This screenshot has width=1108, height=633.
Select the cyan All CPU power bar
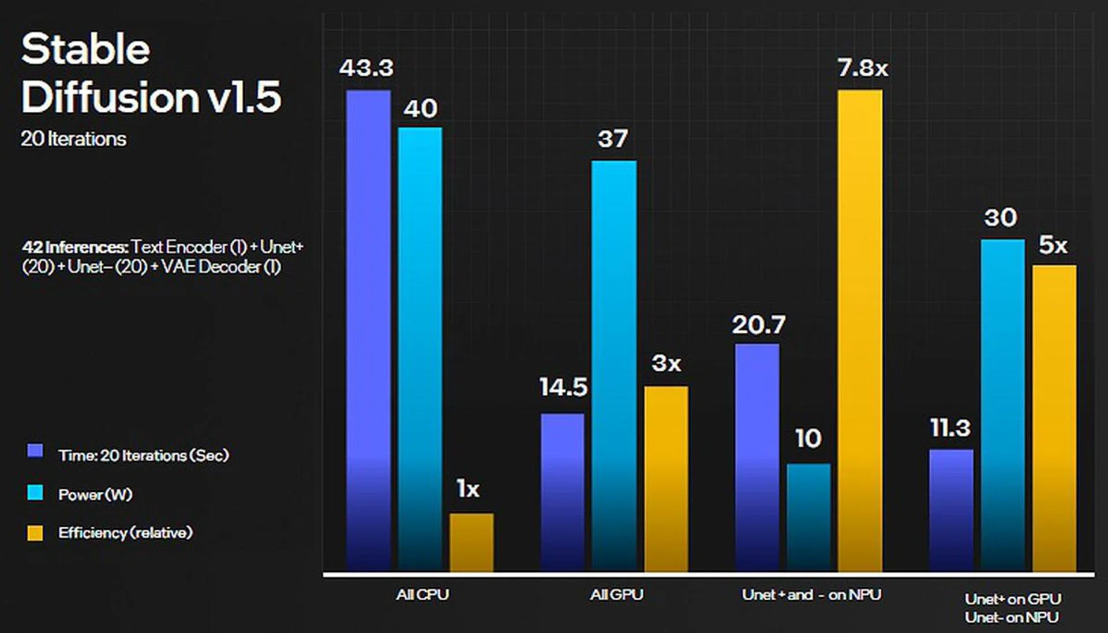tap(420, 349)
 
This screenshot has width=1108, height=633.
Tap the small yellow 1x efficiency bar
tap(471, 542)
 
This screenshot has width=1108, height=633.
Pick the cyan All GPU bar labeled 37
tap(614, 366)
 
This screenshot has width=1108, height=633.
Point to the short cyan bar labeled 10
tap(808, 517)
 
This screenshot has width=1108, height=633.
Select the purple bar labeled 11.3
tap(951, 510)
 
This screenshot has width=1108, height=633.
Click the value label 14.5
tap(563, 387)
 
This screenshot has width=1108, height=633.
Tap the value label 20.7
tap(758, 325)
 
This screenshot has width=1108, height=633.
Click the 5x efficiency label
tap(1053, 246)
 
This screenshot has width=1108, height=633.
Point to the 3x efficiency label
tap(666, 363)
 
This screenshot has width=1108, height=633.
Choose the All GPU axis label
tap(616, 594)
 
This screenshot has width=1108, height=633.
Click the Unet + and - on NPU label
tap(811, 594)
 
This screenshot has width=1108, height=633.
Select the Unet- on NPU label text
tap(1012, 617)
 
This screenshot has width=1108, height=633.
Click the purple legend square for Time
tap(35, 451)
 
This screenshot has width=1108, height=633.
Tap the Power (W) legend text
tap(95, 495)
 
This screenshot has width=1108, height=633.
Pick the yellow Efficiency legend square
tap(35, 533)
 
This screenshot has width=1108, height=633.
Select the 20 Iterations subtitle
tap(73, 139)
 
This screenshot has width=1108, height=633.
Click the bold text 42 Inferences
tap(75, 247)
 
